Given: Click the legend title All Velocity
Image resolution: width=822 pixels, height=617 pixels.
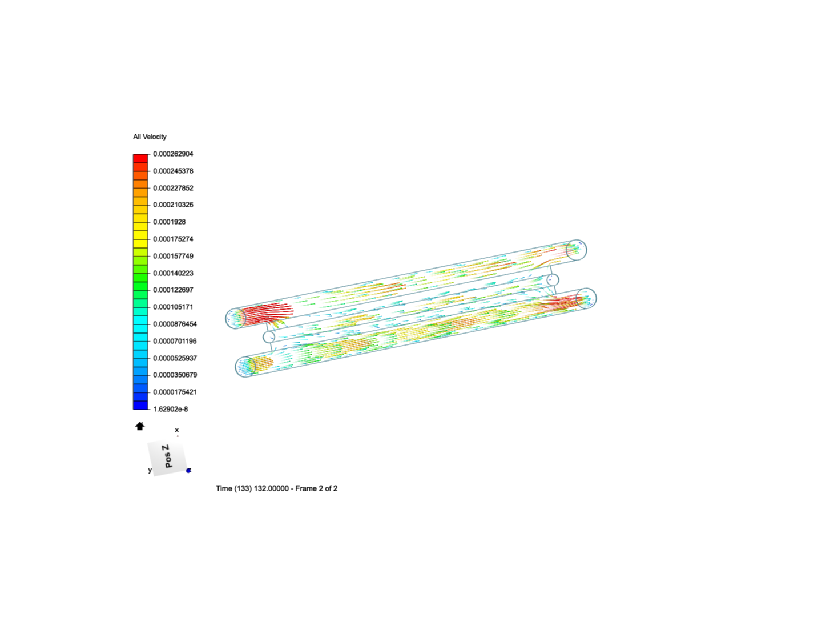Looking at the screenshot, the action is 150,137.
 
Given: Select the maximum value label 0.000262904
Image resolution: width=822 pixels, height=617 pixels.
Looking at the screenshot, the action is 173,154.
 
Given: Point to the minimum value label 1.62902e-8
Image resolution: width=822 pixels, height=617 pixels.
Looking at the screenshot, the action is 170,409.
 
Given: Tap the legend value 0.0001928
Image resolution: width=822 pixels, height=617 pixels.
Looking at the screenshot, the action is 170,222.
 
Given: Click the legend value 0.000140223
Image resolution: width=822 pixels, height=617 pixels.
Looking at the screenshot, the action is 173,273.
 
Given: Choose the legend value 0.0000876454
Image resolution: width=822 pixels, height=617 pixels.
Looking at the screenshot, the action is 175,324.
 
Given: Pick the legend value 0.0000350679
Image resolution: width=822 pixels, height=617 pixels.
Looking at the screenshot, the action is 175,375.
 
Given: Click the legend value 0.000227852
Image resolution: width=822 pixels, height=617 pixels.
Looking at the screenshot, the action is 173,188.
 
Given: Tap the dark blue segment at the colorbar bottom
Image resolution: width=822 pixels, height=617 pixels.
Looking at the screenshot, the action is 140,406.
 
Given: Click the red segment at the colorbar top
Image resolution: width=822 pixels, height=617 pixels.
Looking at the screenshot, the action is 140,158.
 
